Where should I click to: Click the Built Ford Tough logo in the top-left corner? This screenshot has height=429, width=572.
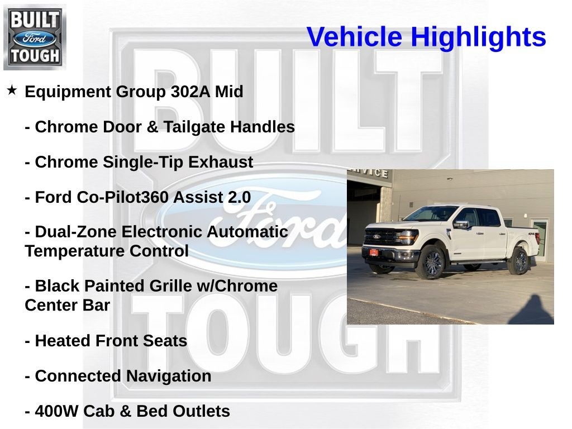pyautogui.click(x=35, y=37)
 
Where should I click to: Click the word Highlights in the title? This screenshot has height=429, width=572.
pyautogui.click(x=478, y=37)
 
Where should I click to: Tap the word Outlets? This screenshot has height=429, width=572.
pyautogui.click(x=201, y=412)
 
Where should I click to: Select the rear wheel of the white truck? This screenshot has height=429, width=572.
pyautogui.click(x=518, y=261)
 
